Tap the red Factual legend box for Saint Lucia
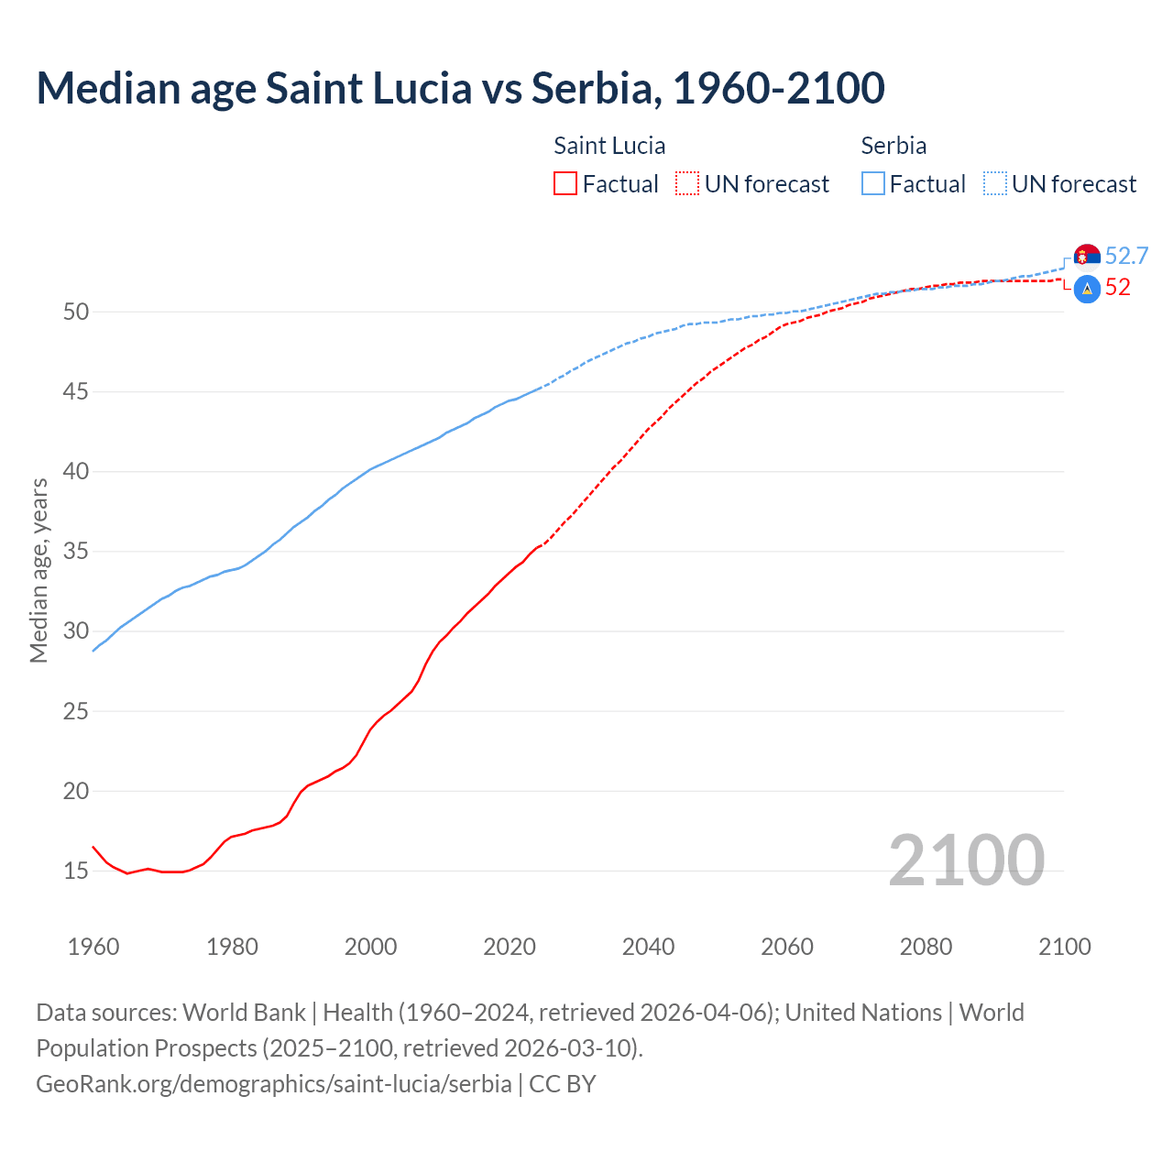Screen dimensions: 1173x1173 [x=565, y=184]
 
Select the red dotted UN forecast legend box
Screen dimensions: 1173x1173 [x=687, y=184]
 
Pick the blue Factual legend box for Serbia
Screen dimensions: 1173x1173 [x=873, y=184]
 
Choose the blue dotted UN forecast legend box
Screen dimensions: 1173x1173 [x=995, y=184]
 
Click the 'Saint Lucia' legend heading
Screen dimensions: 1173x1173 [x=609, y=146]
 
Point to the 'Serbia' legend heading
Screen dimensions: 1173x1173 [x=893, y=146]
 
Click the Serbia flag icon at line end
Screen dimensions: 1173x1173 [x=1087, y=257]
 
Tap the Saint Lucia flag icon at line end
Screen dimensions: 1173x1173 [x=1087, y=289]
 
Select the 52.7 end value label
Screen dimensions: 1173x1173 [x=1126, y=256]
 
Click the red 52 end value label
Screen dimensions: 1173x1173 [x=1117, y=287]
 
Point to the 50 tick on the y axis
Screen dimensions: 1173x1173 [x=76, y=312]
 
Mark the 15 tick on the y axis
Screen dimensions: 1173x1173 [x=76, y=871]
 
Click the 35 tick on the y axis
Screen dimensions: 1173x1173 [x=76, y=552]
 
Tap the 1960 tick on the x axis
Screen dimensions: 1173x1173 [x=93, y=947]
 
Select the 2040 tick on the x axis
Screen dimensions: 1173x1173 [x=648, y=947]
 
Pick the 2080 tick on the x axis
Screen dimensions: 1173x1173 [x=926, y=947]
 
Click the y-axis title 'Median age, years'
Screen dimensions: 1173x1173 [x=38, y=570]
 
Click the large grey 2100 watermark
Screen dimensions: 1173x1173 [x=966, y=860]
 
